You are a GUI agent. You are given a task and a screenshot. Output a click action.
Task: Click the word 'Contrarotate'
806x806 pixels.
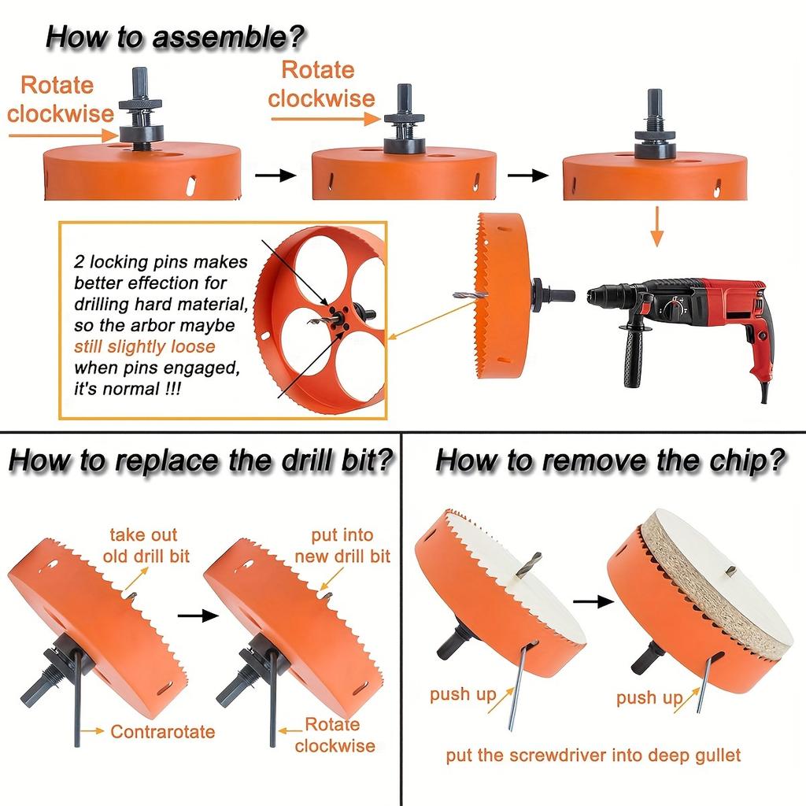[162, 732]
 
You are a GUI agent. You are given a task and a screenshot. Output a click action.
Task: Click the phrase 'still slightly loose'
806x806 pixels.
[144, 346]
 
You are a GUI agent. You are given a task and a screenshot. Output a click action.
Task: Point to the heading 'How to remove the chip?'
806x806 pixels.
[610, 460]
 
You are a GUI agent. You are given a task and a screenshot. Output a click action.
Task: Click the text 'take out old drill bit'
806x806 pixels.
[146, 545]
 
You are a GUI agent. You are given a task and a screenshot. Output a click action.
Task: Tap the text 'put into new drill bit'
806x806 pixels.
[342, 546]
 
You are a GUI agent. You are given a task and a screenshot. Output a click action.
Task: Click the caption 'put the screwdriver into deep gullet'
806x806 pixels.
[593, 756]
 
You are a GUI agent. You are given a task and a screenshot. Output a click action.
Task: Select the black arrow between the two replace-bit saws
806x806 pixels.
[198, 615]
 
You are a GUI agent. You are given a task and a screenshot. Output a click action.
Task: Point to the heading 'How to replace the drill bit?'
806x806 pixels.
[200, 460]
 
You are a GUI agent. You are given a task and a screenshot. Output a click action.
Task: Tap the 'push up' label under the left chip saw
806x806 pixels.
[462, 694]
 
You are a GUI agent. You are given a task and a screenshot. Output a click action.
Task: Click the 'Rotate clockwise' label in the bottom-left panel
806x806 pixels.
[334, 734]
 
